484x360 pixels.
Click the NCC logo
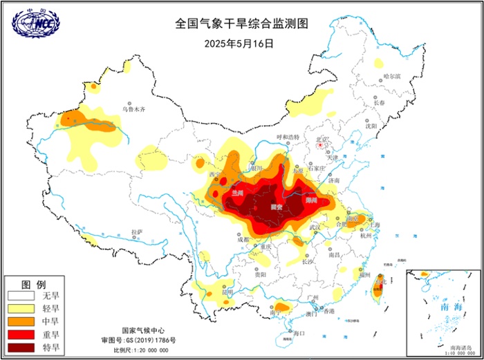[35, 23]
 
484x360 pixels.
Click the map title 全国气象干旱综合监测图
[241, 23]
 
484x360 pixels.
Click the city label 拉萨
[136, 231]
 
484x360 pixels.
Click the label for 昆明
[227, 292]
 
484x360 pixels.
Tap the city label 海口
[299, 333]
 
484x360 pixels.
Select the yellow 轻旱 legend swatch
[21, 308]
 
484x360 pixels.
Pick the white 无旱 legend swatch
[21, 296]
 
